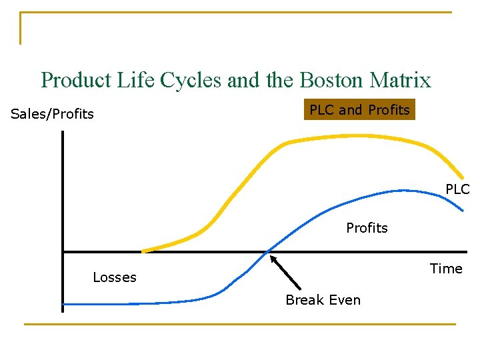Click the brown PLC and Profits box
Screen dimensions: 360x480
(x=359, y=109)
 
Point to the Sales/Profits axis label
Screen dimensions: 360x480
(x=53, y=114)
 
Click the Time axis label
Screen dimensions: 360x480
(x=446, y=269)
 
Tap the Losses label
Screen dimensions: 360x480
(x=115, y=277)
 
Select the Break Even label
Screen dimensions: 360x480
(x=323, y=300)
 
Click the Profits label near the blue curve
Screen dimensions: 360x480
(x=367, y=228)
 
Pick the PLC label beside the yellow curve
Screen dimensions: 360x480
(x=457, y=189)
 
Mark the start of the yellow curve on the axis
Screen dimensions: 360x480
(x=143, y=251)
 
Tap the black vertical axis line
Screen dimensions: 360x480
(x=62, y=200)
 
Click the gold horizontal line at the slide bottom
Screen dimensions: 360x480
(x=240, y=325)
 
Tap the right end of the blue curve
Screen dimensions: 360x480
(x=462, y=210)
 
